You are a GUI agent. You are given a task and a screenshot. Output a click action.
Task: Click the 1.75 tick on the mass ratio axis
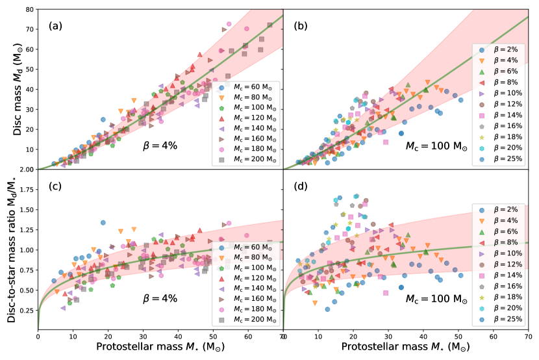pyautogui.click(x=26, y=189)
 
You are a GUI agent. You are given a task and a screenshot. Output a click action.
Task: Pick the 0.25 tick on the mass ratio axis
pyautogui.click(x=26, y=310)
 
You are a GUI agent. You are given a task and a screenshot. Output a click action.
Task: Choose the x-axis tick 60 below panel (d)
pyautogui.click(x=494, y=338)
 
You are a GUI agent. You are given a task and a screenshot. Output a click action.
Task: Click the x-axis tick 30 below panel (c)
pyautogui.click(x=143, y=338)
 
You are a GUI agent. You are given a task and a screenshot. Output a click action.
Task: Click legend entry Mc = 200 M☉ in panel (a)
pyautogui.click(x=247, y=159)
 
